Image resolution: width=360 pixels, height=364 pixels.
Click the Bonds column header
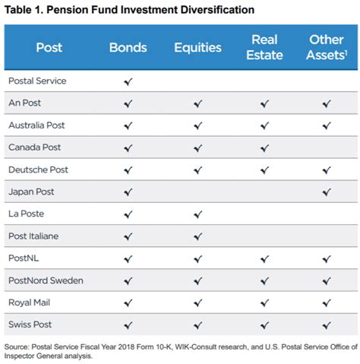click(128, 47)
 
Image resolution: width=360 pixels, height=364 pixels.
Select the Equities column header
click(197, 47)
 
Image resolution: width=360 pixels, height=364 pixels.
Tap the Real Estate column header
click(264, 47)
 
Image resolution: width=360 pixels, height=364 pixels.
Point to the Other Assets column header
click(327, 47)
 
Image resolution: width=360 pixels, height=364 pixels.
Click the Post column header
click(49, 47)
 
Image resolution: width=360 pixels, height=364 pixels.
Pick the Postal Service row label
click(36, 81)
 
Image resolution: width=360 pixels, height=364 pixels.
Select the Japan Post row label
click(31, 191)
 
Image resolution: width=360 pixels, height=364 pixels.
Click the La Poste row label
click(27, 214)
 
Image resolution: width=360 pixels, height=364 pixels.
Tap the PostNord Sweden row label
click(46, 280)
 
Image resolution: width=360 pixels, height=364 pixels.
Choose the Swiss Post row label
click(30, 324)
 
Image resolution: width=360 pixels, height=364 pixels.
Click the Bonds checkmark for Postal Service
click(128, 81)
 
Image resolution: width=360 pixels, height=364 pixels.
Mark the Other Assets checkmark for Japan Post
click(327, 192)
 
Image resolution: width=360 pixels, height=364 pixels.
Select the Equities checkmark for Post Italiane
click(197, 236)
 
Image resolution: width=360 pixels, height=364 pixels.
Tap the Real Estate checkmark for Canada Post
click(264, 147)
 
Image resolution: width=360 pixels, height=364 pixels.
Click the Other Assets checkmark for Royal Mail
click(327, 303)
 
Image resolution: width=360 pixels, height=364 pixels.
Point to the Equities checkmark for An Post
click(197, 103)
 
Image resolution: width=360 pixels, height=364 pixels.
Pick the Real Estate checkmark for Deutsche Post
click(264, 169)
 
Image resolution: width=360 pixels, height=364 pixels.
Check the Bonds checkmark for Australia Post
click(128, 125)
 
